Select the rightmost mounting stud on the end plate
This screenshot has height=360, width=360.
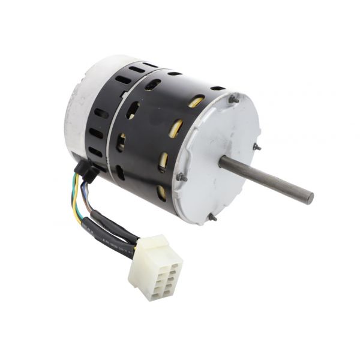pyautogui.click(x=257, y=146)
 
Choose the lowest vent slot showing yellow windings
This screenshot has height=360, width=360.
pyautogui.click(x=161, y=192)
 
